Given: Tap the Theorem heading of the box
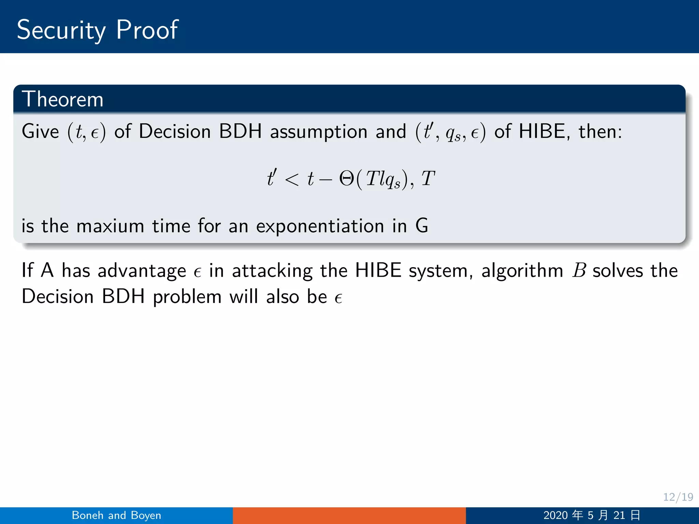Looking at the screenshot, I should pos(62,99).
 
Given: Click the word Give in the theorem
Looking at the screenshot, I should pos(40,131).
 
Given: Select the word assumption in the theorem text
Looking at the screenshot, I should pos(318,131).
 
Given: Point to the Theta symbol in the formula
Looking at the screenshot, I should pos(347,178).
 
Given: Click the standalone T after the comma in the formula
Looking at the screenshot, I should pos(428,178).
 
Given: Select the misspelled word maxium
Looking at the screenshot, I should pos(110,226).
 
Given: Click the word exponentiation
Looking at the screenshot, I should pos(320,226).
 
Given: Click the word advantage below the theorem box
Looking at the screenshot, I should pos(142,271).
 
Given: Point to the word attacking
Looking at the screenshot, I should pos(272,271).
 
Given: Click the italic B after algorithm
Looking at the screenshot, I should pos(579,271).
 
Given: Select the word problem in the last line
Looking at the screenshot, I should pos(187,297).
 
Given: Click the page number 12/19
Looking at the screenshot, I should pos(678,497).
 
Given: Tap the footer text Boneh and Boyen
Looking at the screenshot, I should pos(116,515).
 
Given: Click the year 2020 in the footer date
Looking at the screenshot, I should pos(555,515).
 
